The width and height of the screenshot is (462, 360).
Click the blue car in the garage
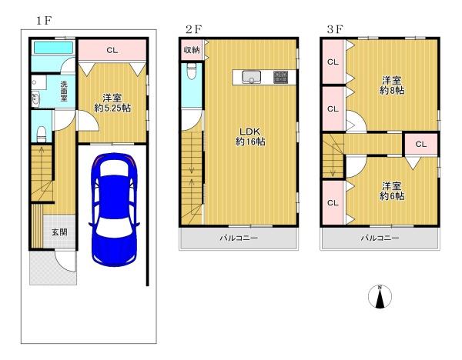tap(114, 209)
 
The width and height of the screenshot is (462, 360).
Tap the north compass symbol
tap(380, 297)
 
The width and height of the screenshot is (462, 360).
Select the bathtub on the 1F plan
tap(53, 48)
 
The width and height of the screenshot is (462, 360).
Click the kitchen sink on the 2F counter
tap(251, 77)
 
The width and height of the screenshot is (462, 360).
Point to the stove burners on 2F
tap(280, 77)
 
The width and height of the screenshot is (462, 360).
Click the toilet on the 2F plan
tap(192, 72)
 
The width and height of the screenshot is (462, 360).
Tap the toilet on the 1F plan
tap(42, 134)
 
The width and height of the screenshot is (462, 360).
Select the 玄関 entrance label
tap(59, 232)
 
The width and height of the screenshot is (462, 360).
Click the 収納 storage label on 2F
tap(192, 50)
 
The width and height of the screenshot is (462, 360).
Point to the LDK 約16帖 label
tap(250, 137)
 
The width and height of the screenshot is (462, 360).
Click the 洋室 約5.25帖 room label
tap(112, 103)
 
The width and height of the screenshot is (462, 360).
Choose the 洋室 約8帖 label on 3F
tap(392, 85)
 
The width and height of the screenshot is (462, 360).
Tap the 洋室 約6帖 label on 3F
tap(392, 191)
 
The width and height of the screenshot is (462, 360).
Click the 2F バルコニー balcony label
tap(239, 238)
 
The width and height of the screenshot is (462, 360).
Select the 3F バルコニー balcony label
tap(380, 238)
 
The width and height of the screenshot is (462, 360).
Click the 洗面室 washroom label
tap(64, 92)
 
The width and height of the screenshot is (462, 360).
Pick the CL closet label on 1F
tap(112, 50)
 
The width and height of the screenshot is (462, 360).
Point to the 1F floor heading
tap(44, 21)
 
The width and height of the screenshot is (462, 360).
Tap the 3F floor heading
tap(335, 29)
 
